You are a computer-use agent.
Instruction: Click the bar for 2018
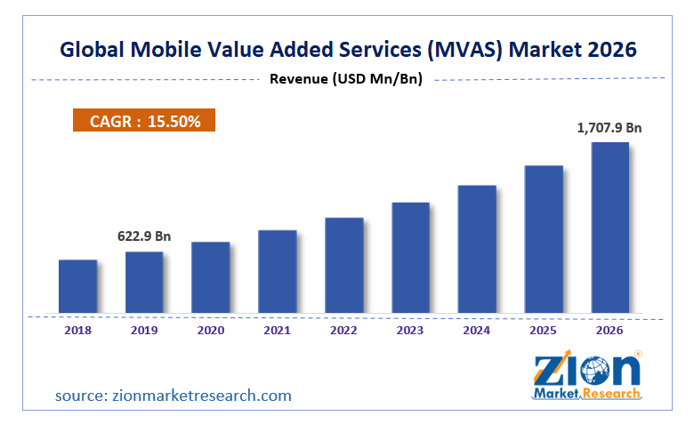point(77,286)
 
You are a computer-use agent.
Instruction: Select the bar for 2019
point(144,282)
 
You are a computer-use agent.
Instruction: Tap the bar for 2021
point(278,271)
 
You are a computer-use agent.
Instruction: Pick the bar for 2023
point(410,258)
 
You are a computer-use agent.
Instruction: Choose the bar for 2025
point(543,239)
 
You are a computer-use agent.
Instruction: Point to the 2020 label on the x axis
point(211,330)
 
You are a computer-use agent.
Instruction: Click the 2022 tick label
point(343,330)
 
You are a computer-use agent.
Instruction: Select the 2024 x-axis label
point(476,330)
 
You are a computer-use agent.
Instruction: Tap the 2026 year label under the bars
point(609,330)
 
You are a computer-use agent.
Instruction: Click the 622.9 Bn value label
point(144,236)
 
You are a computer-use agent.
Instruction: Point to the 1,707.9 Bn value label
point(609,128)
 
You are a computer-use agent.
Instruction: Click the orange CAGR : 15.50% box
point(144,121)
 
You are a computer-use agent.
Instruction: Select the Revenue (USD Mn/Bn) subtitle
point(345,79)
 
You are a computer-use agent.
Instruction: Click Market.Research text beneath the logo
point(587,393)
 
